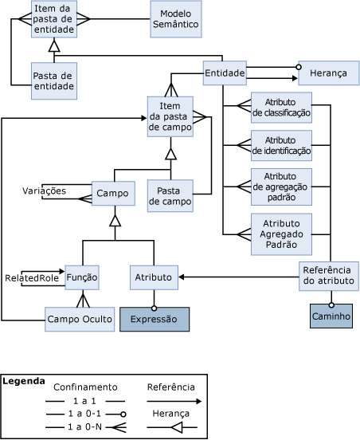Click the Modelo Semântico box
click(176, 19)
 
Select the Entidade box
click(225, 73)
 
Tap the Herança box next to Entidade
click(329, 73)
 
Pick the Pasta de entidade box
click(54, 81)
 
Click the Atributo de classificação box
click(281, 108)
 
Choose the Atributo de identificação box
click(281, 145)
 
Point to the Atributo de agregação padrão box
click(281, 187)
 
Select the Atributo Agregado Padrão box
click(281, 234)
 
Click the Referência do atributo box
click(329, 276)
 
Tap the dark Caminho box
click(331, 316)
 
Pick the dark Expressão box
click(155, 320)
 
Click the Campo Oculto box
click(80, 320)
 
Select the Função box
click(82, 277)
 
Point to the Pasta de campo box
click(170, 196)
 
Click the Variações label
click(44, 191)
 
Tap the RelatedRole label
click(32, 278)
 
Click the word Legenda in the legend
click(24, 381)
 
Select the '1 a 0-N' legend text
click(84, 426)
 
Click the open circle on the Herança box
click(299, 67)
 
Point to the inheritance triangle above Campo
click(115, 221)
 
